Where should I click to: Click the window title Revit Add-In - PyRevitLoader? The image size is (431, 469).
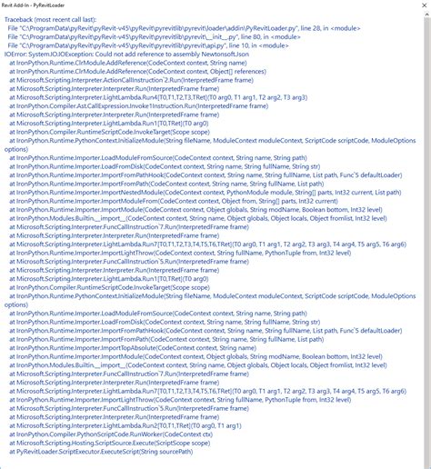(x=42, y=5)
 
